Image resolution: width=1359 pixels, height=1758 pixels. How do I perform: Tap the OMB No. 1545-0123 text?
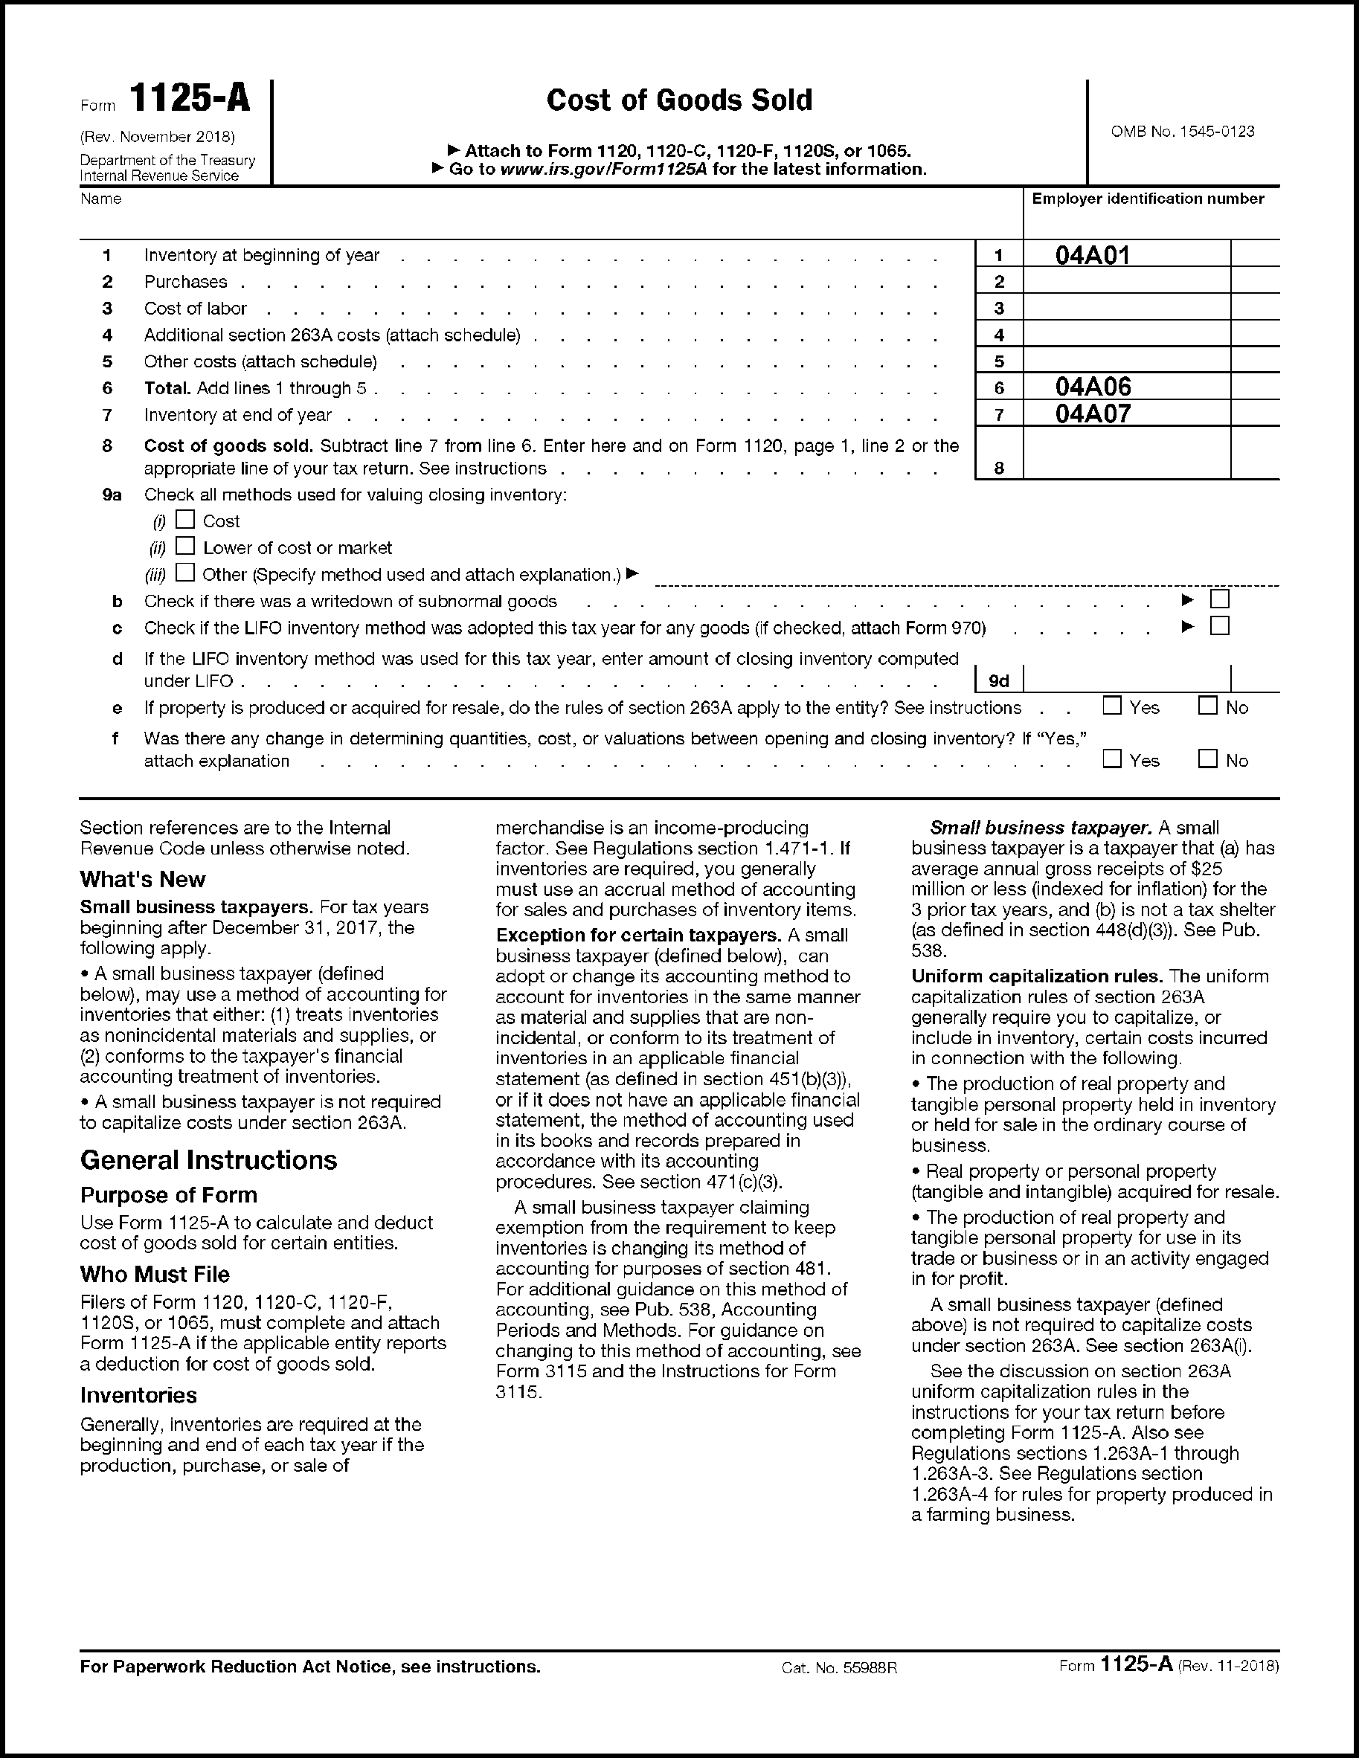1182,131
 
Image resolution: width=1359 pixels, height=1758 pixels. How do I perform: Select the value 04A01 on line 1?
1093,255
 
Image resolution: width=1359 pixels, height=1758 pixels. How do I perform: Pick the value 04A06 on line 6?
1093,387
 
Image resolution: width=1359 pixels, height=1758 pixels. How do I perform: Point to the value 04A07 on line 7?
1093,413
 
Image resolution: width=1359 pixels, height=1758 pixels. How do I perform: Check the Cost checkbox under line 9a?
185,519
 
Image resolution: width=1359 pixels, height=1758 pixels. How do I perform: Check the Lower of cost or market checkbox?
185,546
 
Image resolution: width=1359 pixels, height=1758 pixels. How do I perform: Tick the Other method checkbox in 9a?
185,573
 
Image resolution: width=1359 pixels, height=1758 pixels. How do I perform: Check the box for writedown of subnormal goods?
1220,599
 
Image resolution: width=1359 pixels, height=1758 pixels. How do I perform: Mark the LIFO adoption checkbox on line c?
1220,625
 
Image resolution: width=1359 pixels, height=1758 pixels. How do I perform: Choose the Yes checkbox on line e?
1112,706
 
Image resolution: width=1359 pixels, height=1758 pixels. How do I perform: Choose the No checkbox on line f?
1208,759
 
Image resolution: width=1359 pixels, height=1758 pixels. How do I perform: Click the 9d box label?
999,681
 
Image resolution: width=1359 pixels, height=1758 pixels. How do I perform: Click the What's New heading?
143,879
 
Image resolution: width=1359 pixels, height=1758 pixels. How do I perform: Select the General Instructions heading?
208,1160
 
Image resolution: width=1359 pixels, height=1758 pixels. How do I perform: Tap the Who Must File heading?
155,1274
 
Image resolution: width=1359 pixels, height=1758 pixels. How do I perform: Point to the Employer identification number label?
1147,199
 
